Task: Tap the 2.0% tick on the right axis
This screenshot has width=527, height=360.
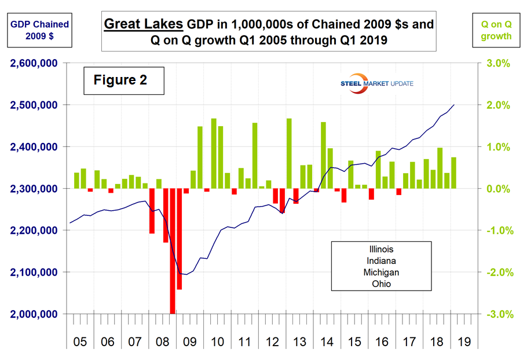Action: pos(497,105)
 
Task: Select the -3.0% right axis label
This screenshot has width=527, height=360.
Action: pos(496,314)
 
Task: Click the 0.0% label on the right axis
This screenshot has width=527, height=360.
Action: pos(497,189)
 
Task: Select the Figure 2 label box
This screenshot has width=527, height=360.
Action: pos(120,80)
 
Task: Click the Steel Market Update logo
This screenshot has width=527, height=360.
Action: pos(376,83)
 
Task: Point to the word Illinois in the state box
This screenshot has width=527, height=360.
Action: pos(381,249)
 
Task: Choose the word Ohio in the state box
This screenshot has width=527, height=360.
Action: pos(381,284)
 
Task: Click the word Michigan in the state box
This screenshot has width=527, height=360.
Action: pos(381,272)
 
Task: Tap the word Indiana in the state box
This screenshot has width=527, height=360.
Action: pos(381,260)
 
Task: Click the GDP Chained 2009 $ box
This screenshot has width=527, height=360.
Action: pos(39,30)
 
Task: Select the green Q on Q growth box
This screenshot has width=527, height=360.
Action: pos(496,30)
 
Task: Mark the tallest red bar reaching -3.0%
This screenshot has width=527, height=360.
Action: pos(173,251)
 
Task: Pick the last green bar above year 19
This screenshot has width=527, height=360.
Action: pos(454,173)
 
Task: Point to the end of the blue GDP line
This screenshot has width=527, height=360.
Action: pos(454,105)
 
